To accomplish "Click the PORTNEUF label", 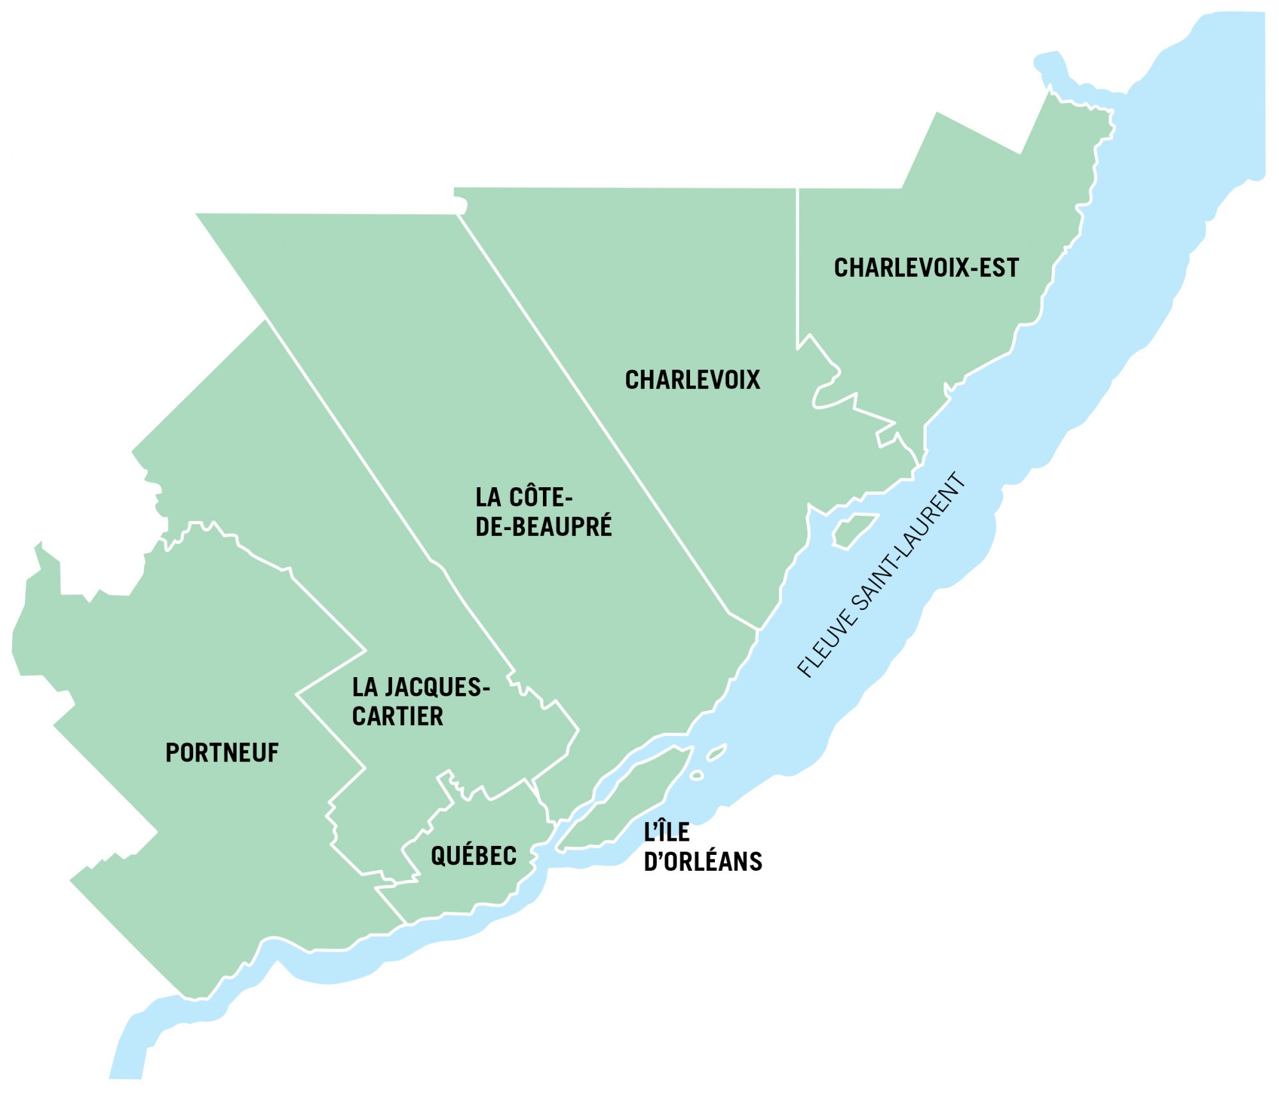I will tap(222, 753).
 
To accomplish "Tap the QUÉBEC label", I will tap(473, 856).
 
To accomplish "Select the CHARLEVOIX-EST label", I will tap(926, 268).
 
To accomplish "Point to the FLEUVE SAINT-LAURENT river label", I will tap(881, 575).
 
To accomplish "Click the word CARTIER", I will tap(397, 716).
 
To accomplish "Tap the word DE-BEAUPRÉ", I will tap(544, 527).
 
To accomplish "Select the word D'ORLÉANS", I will tap(703, 862).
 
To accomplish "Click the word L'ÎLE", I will tap(666, 832).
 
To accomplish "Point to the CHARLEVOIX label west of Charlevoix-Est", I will tap(693, 380).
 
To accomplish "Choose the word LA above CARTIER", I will tap(365, 687).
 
